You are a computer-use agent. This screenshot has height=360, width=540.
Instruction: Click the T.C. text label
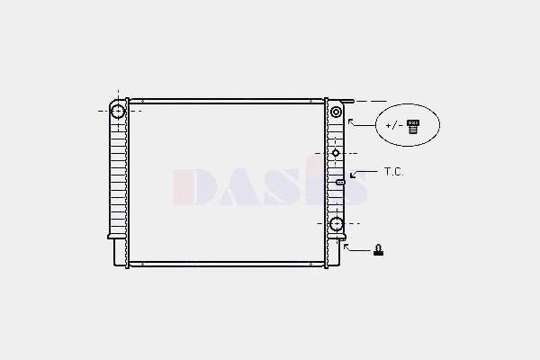tap(393, 172)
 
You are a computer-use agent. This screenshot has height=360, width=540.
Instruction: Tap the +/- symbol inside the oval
tap(394, 125)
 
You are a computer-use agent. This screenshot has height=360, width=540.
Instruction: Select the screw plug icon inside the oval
tap(413, 126)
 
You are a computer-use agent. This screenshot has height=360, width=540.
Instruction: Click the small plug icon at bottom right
tap(379, 250)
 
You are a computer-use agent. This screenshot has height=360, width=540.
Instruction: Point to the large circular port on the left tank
tap(118, 112)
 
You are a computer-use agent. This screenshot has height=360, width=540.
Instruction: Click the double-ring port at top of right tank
tap(336, 112)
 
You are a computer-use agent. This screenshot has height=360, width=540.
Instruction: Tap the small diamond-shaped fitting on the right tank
tap(336, 153)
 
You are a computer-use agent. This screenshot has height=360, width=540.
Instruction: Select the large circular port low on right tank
tap(336, 224)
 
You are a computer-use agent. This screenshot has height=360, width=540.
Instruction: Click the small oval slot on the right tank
tap(340, 182)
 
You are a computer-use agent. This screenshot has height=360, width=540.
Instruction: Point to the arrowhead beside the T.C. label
tap(352, 175)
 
